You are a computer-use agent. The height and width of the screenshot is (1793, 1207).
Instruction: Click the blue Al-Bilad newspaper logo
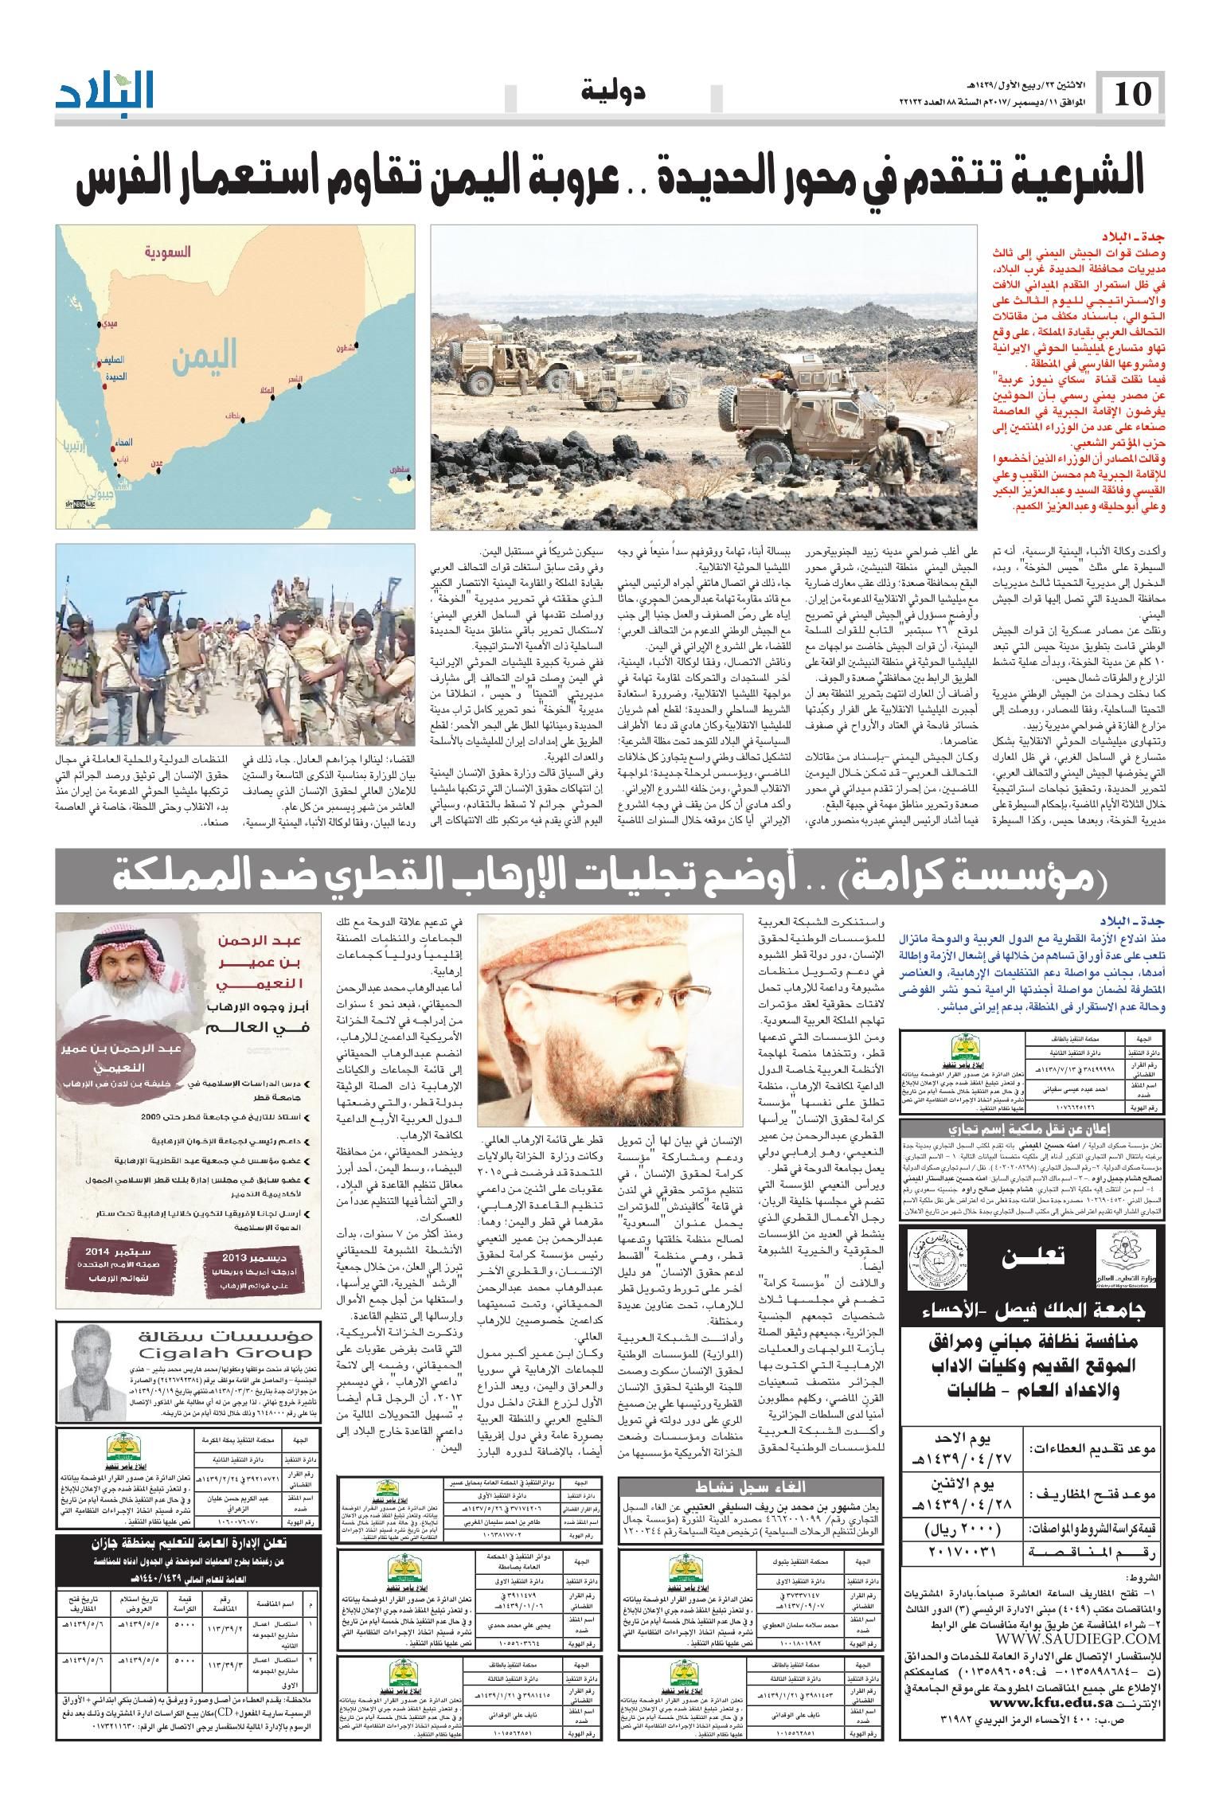104,91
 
